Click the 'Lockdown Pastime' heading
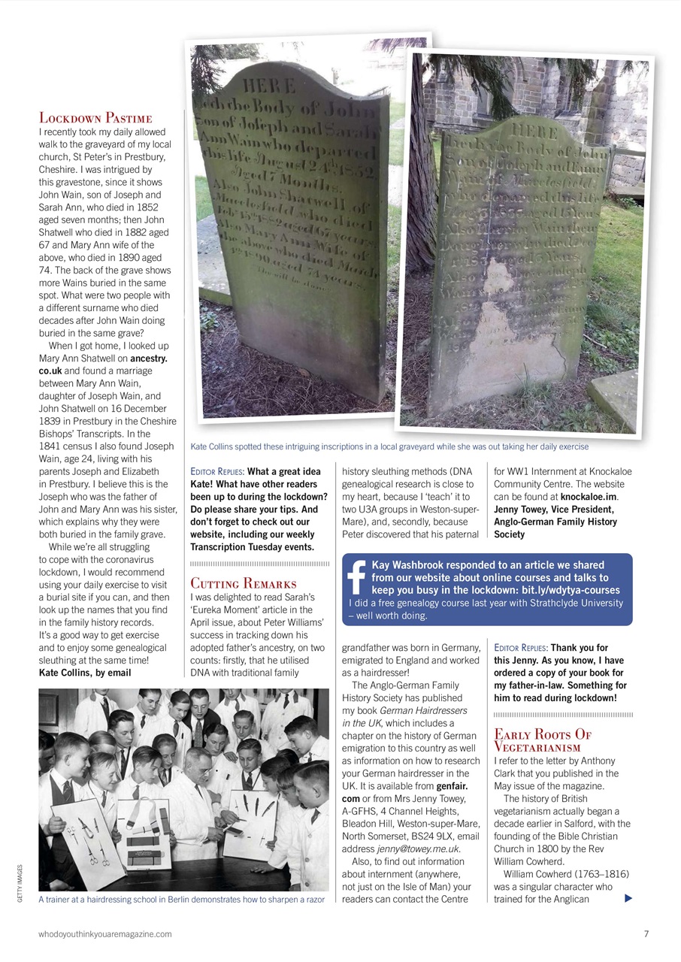coord(95,118)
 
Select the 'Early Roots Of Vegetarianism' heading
coord(542,740)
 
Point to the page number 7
coord(646,933)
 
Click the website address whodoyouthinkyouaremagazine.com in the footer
coord(105,933)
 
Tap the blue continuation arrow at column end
coord(628,898)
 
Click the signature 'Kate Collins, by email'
coord(85,673)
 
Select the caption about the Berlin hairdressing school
coord(181,900)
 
